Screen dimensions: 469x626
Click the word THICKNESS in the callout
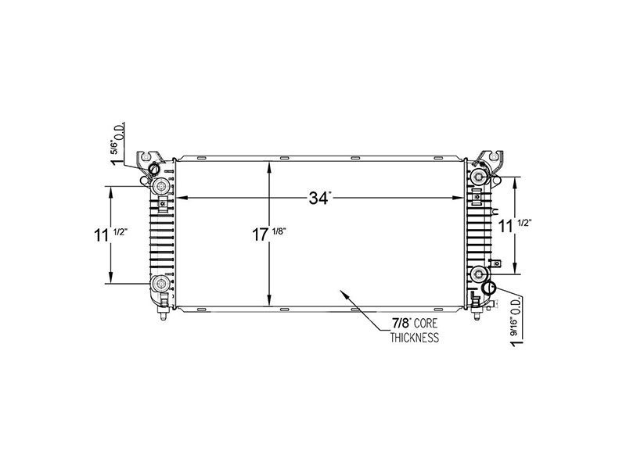(x=415, y=338)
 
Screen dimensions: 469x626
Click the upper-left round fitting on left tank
(x=161, y=185)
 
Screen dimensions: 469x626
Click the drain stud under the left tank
(x=161, y=317)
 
